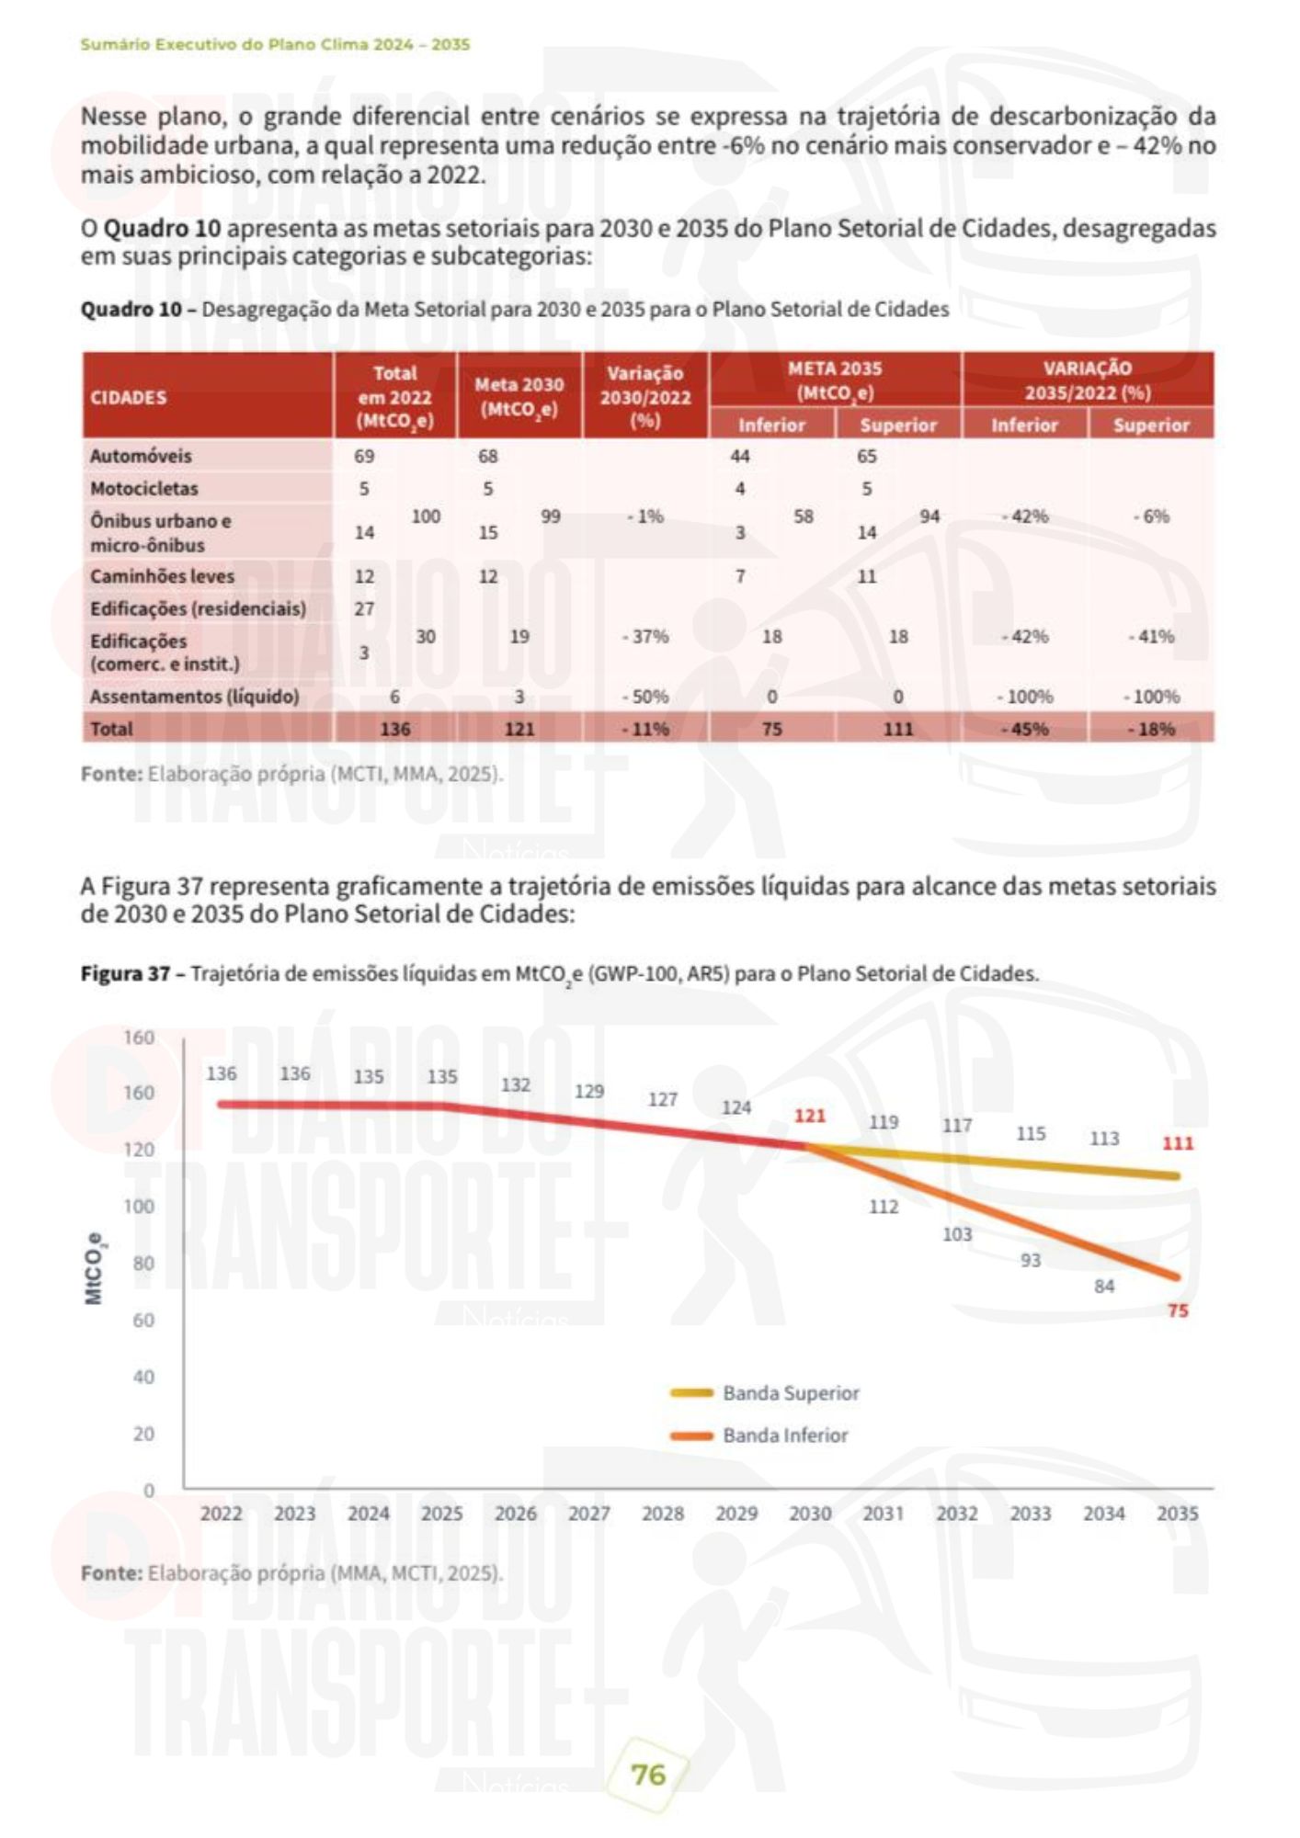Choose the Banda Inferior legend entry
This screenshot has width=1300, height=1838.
click(x=785, y=1435)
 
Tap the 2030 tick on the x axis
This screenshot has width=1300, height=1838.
click(x=810, y=1513)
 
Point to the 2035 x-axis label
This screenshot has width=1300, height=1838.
click(x=1178, y=1513)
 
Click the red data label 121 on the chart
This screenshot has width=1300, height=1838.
click(x=810, y=1116)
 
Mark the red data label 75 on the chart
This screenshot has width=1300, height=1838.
click(x=1178, y=1310)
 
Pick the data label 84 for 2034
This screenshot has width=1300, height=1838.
click(x=1104, y=1286)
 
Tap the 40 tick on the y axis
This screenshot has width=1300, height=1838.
click(x=144, y=1377)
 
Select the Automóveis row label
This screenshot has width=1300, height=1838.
click(x=141, y=456)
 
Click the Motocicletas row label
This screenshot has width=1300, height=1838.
click(x=143, y=489)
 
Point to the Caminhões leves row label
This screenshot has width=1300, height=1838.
click(x=162, y=576)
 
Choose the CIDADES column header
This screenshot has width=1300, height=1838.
click(x=129, y=397)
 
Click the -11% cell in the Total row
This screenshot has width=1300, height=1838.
click(x=645, y=729)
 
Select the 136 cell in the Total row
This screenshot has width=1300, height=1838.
click(x=395, y=729)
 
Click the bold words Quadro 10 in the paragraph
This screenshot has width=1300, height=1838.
click(x=162, y=228)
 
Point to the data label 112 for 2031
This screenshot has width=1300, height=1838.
click(x=884, y=1206)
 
